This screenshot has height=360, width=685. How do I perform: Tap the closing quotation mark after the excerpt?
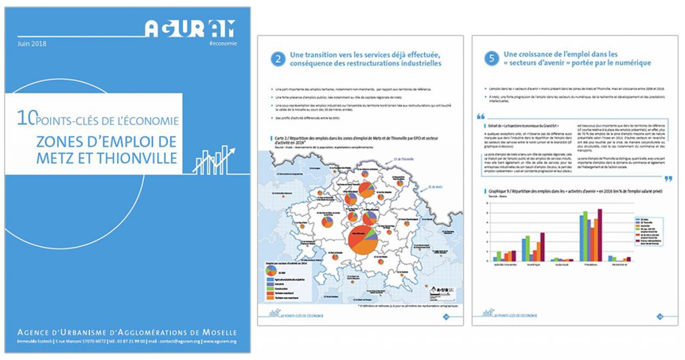(667, 179)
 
